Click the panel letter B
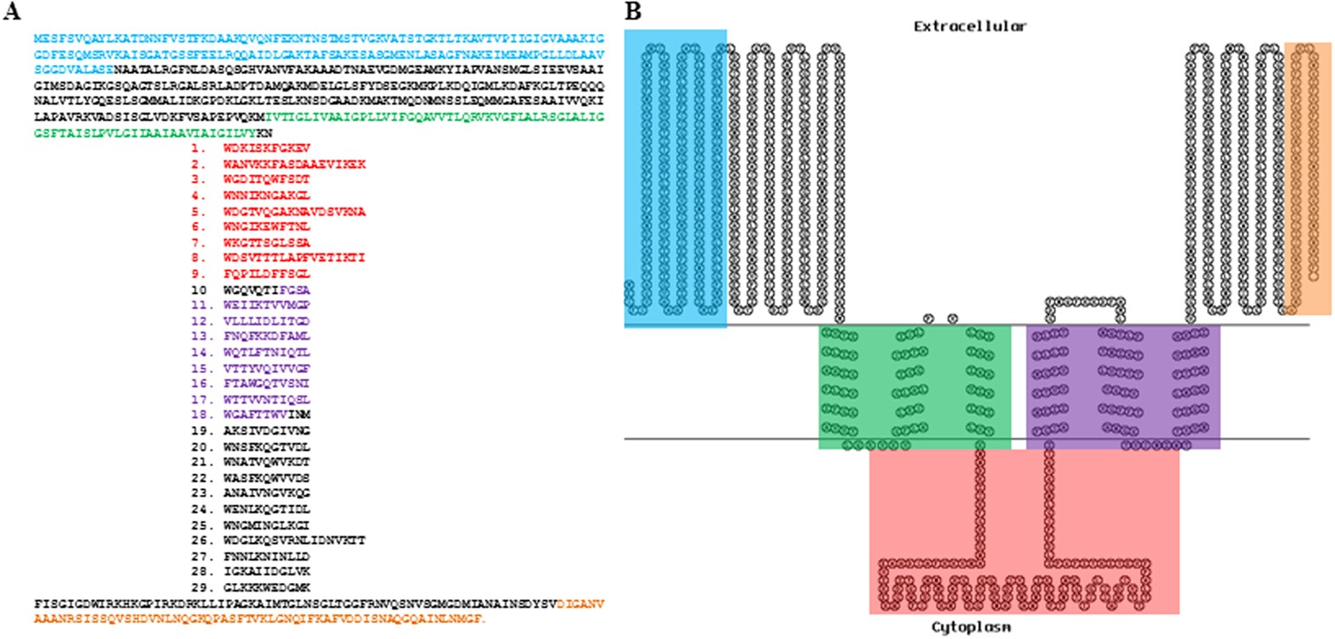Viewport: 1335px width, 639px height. click(633, 11)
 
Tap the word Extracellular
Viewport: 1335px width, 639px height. click(970, 26)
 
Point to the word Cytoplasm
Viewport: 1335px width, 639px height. click(971, 627)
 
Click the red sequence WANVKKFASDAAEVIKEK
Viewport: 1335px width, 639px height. click(294, 164)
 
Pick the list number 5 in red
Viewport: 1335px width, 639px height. click(198, 212)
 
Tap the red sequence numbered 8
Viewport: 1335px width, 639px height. click(294, 258)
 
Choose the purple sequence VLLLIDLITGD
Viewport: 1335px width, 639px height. click(266, 321)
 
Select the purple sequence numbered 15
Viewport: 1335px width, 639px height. click(266, 369)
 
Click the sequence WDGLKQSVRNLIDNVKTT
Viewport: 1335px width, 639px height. click(294, 541)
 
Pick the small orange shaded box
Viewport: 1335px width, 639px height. click(1308, 178)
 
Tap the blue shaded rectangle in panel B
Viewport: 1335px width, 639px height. click(676, 178)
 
